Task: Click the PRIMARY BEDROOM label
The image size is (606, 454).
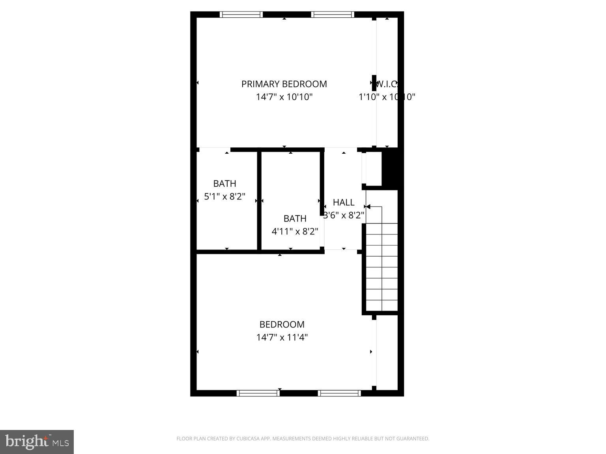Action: (284, 84)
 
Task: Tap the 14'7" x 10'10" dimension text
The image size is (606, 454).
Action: (284, 97)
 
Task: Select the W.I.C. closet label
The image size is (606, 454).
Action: (387, 84)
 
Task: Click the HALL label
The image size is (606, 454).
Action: (343, 203)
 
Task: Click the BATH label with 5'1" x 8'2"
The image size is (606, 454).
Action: (224, 184)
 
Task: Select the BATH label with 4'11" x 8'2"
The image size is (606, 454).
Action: (295, 219)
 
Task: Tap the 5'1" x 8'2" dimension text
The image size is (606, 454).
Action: (224, 197)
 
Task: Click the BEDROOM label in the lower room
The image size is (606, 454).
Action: (282, 325)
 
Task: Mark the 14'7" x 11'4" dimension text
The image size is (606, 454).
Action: (282, 338)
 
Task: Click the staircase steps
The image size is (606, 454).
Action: (382, 268)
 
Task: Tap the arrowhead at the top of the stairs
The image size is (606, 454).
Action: (367, 207)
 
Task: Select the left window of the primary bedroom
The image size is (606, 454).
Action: (241, 15)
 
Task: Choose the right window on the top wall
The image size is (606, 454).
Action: (332, 15)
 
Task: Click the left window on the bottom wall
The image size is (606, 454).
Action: (258, 393)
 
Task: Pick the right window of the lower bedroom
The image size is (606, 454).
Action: (339, 393)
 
